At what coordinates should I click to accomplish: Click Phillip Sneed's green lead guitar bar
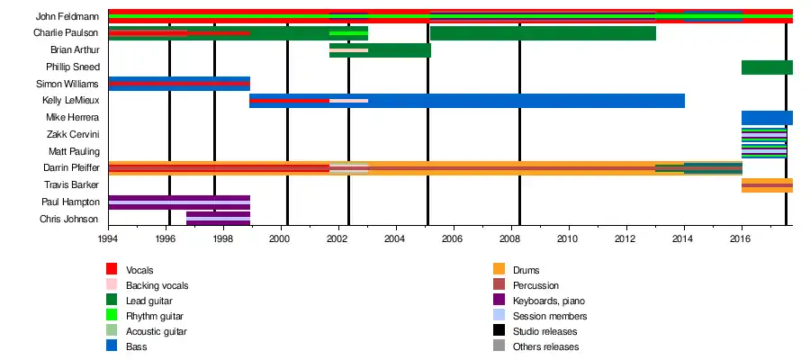click(766, 67)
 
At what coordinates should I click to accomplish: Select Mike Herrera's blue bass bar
click(766, 118)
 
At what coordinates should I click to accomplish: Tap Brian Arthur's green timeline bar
click(396, 50)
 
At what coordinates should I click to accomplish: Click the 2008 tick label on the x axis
click(510, 239)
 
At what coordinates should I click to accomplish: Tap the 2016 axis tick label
click(741, 239)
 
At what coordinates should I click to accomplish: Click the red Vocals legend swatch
click(112, 269)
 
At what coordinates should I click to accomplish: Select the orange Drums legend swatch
click(499, 269)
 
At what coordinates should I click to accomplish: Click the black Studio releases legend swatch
click(499, 331)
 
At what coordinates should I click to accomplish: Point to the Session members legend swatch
click(499, 316)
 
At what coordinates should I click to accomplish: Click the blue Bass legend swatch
click(112, 346)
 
